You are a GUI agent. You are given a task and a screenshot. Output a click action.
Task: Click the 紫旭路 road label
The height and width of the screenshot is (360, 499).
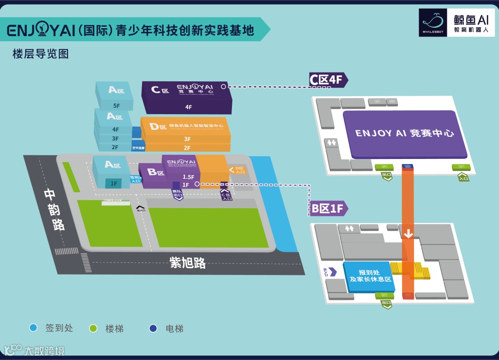pos(188,263)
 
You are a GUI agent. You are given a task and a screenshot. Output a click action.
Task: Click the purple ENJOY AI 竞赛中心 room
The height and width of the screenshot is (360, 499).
pos(404,134)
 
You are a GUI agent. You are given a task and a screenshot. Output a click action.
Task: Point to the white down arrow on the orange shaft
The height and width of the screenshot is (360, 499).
pos(408,234)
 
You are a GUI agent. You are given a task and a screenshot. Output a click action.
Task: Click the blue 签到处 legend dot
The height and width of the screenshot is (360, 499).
pos(33,329)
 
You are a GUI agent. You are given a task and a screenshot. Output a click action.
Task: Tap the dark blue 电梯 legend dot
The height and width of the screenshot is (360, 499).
pos(153,329)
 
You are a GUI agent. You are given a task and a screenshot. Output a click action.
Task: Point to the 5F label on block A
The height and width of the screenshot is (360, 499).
pos(116,106)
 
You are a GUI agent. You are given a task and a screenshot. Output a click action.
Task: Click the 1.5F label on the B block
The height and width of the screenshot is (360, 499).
pos(188,177)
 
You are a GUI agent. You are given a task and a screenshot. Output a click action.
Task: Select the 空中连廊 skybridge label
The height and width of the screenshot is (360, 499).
pos(138,148)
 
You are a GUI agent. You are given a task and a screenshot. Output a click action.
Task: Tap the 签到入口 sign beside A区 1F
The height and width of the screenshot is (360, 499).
pos(135,179)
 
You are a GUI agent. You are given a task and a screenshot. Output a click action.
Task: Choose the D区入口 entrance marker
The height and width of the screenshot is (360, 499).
pos(238,170)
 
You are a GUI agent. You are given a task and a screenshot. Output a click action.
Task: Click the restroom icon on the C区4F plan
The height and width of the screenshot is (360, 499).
pos(331,143)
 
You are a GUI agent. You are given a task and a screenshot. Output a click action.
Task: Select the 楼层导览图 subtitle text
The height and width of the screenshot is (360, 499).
pos(41,54)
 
